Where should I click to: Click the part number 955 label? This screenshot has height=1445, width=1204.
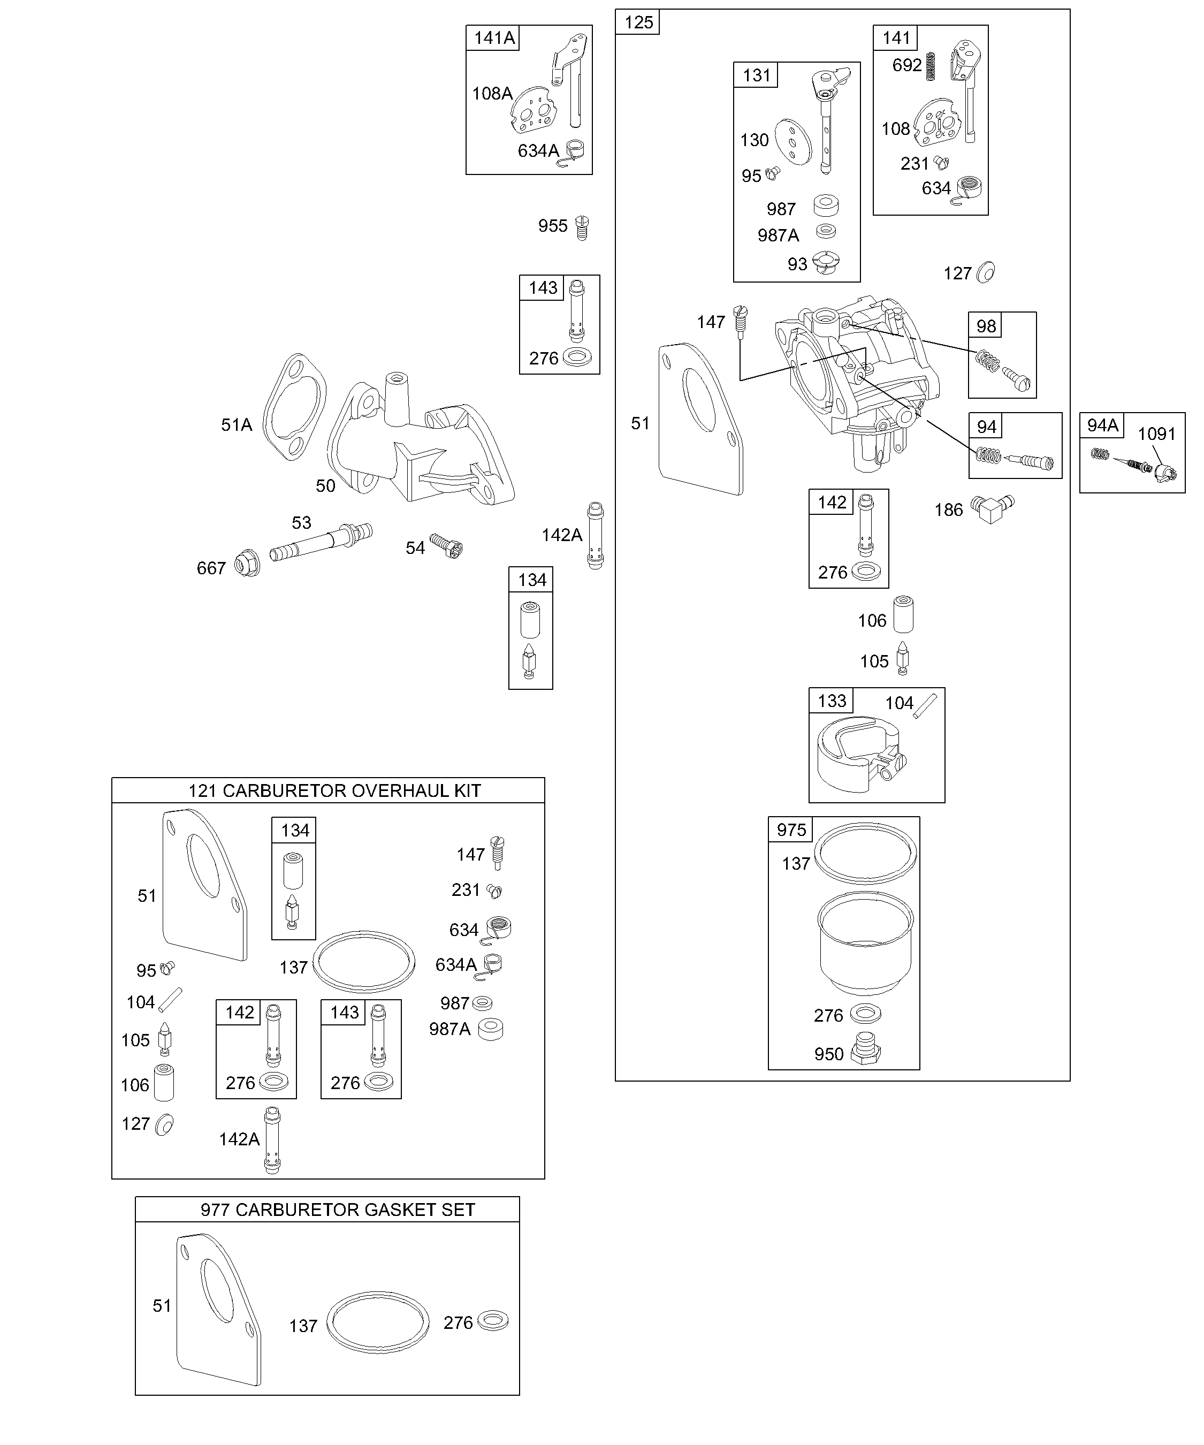(552, 226)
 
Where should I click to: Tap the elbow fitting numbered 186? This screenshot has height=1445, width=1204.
(992, 507)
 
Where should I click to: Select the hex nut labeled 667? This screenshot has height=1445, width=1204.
(247, 564)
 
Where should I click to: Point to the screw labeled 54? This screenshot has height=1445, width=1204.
(446, 545)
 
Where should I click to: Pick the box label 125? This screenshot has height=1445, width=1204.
(638, 22)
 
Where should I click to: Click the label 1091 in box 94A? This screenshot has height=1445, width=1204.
(1156, 433)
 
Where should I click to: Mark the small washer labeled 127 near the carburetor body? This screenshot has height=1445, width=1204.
(985, 272)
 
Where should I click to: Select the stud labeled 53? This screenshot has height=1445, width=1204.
(321, 542)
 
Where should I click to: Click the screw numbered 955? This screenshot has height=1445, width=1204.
(582, 227)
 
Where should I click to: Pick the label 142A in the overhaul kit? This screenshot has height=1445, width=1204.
(239, 1139)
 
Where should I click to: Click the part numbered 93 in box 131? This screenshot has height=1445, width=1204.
(826, 263)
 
